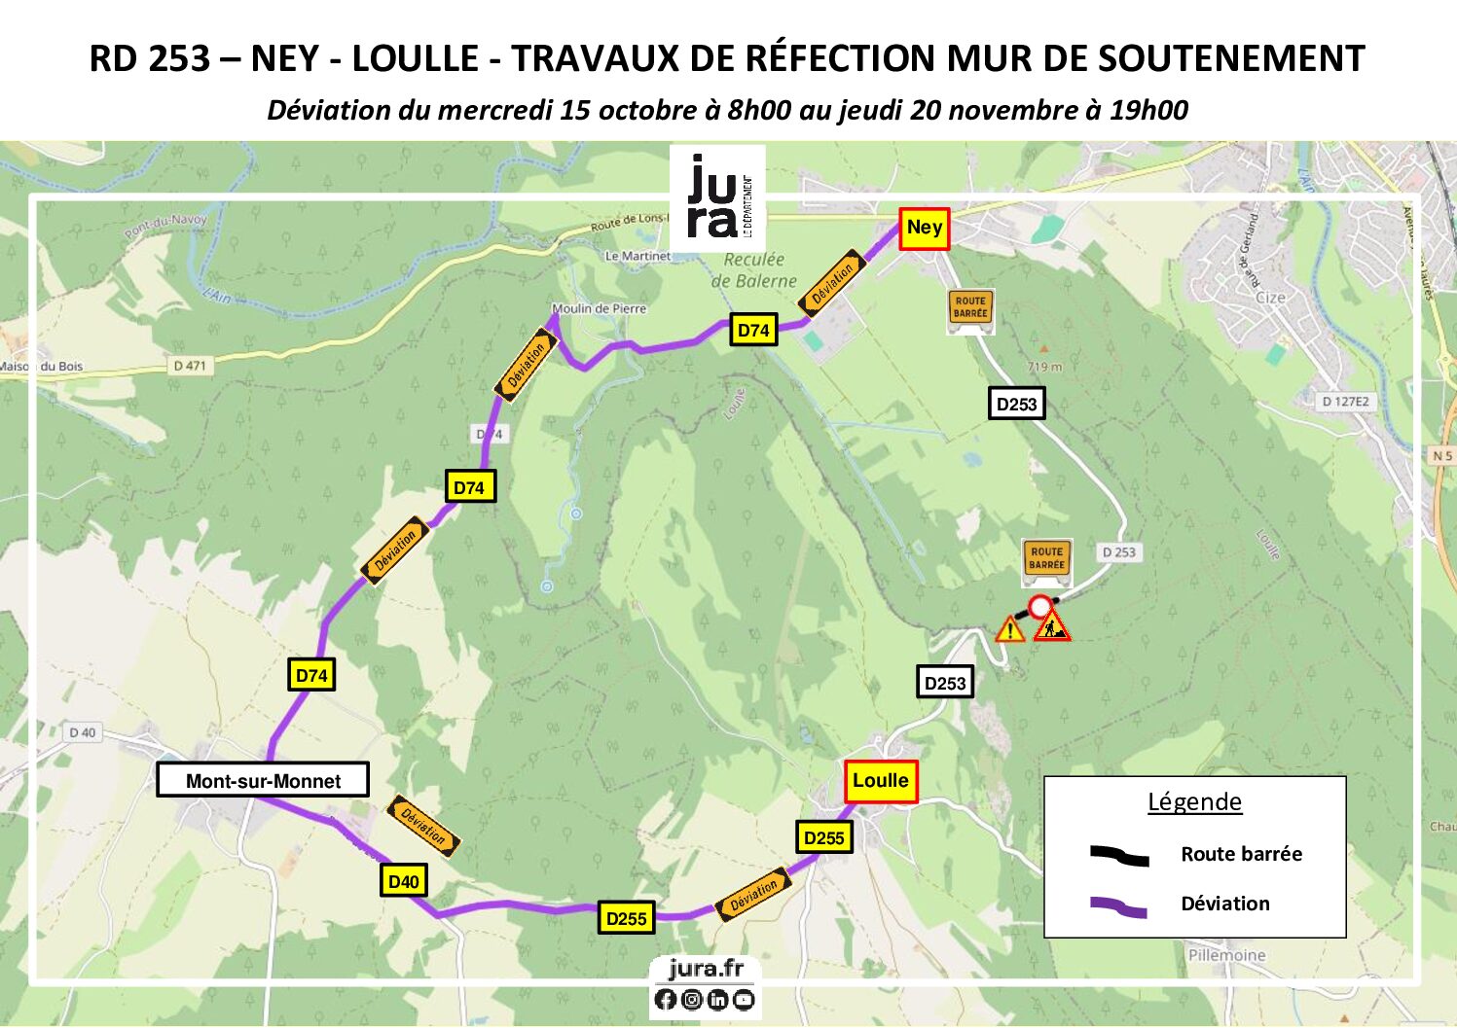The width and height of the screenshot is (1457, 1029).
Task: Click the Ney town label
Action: click(x=923, y=229)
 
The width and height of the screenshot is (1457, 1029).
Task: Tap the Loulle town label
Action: click(x=880, y=781)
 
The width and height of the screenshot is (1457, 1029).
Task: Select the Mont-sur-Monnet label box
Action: click(x=263, y=781)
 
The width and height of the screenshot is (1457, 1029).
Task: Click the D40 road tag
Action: click(x=403, y=882)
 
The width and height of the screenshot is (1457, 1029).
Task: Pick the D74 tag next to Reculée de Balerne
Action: click(x=753, y=331)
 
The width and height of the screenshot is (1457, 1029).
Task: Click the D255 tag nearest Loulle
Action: click(x=823, y=838)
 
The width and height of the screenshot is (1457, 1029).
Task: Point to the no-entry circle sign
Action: click(x=1040, y=607)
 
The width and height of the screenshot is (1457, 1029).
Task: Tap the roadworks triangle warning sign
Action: click(x=1052, y=628)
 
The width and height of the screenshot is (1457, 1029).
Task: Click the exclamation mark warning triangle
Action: click(x=1010, y=631)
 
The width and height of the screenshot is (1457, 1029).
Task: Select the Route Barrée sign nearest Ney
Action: click(x=969, y=307)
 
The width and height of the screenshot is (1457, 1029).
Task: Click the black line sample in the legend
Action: click(x=1119, y=856)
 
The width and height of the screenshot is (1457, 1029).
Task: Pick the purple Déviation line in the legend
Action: click(x=1119, y=906)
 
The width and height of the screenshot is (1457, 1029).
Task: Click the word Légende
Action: click(x=1194, y=802)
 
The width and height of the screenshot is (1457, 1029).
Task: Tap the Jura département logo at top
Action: click(x=718, y=197)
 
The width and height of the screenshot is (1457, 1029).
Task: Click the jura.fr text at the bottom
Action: click(x=706, y=969)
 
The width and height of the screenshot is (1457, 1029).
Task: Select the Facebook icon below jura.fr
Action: click(x=666, y=1000)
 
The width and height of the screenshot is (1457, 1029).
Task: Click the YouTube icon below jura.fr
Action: click(x=744, y=1000)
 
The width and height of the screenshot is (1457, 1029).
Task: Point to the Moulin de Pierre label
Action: click(x=599, y=309)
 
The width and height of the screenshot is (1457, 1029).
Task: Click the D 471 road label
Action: click(x=190, y=366)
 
